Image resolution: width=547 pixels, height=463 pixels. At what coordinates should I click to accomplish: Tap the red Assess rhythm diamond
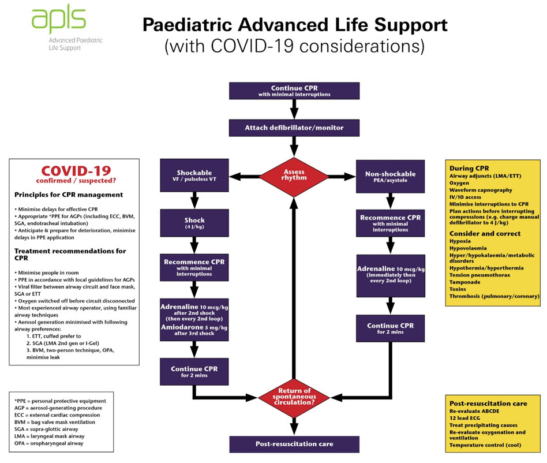click(294, 177)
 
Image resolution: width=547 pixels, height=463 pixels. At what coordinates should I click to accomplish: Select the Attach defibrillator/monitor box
click(294, 128)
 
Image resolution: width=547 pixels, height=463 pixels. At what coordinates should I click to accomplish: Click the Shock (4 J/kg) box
click(194, 223)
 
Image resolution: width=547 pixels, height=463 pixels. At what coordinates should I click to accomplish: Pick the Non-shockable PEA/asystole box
click(391, 177)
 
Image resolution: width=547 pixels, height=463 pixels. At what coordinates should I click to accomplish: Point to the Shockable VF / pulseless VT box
click(194, 176)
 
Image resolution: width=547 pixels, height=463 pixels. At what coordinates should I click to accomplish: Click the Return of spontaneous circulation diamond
click(294, 397)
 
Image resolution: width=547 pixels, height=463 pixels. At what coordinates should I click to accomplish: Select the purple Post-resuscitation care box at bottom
click(294, 444)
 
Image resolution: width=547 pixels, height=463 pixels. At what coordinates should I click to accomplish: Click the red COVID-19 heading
click(76, 171)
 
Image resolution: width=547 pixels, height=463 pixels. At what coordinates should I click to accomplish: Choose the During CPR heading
click(469, 168)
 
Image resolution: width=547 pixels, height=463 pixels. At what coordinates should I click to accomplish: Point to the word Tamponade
click(464, 282)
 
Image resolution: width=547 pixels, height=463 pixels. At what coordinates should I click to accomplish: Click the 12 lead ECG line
click(464, 418)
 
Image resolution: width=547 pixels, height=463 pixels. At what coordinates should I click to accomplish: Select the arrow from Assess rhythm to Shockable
click(245, 176)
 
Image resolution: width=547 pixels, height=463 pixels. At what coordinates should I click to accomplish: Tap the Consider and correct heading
click(485, 234)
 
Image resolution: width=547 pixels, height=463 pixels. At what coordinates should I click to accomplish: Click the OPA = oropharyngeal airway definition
click(49, 443)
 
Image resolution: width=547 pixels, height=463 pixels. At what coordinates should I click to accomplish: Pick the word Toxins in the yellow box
click(458, 289)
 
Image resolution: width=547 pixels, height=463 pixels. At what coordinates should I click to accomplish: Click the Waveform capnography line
click(481, 190)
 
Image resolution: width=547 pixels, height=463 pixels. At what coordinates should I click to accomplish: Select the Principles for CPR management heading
click(69, 195)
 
